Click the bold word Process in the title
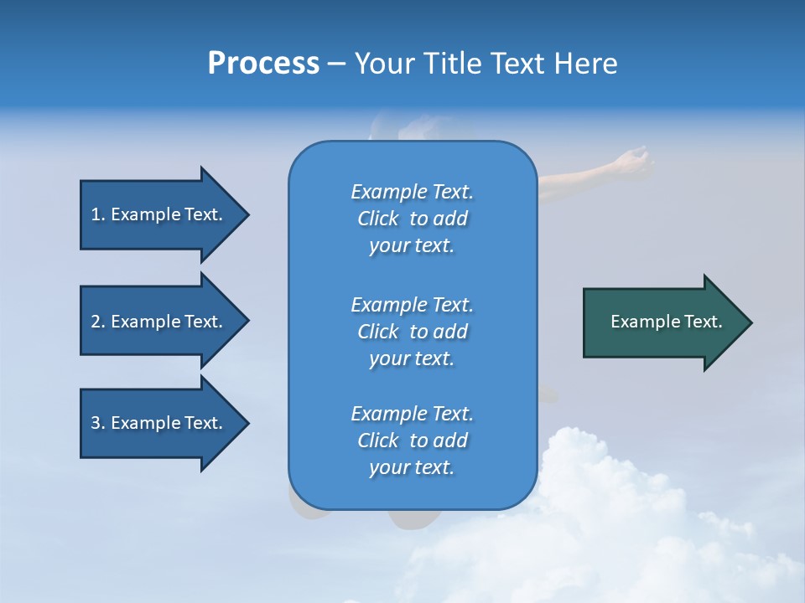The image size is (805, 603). coord(263,64)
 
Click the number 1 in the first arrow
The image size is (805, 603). coord(96,214)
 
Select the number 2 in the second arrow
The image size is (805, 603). coord(96,322)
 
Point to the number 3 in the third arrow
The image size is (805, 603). coord(96,423)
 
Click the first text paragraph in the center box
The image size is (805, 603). coord(412,219)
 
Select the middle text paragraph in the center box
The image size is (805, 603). coord(412,332)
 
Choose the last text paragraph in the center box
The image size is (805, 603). coord(412,441)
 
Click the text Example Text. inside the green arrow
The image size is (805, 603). coord(667,322)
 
